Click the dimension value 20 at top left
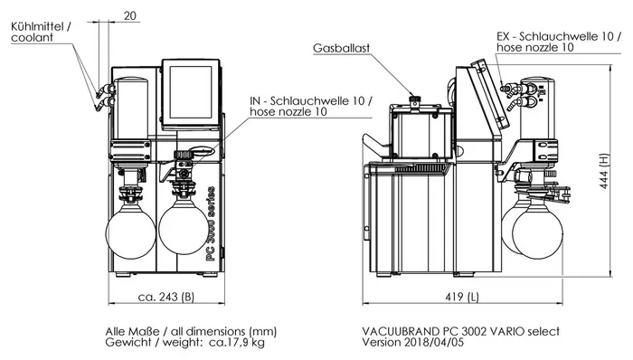tap(130, 15)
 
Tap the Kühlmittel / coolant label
tap(41, 33)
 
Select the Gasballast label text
tap(341, 48)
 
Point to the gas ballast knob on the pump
tap(414, 100)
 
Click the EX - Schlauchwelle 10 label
tap(559, 36)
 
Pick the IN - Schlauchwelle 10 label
tap(311, 100)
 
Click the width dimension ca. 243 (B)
tap(165, 297)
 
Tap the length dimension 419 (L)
tap(462, 297)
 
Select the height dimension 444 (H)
tap(604, 171)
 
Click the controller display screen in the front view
tap(191, 92)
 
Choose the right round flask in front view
tap(184, 227)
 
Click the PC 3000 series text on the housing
tap(211, 223)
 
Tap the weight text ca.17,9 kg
tap(237, 343)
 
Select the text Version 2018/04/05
tap(412, 343)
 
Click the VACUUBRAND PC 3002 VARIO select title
tap(460, 331)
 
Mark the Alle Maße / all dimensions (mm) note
tap(191, 332)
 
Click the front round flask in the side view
tap(537, 234)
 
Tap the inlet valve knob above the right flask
tap(184, 155)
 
